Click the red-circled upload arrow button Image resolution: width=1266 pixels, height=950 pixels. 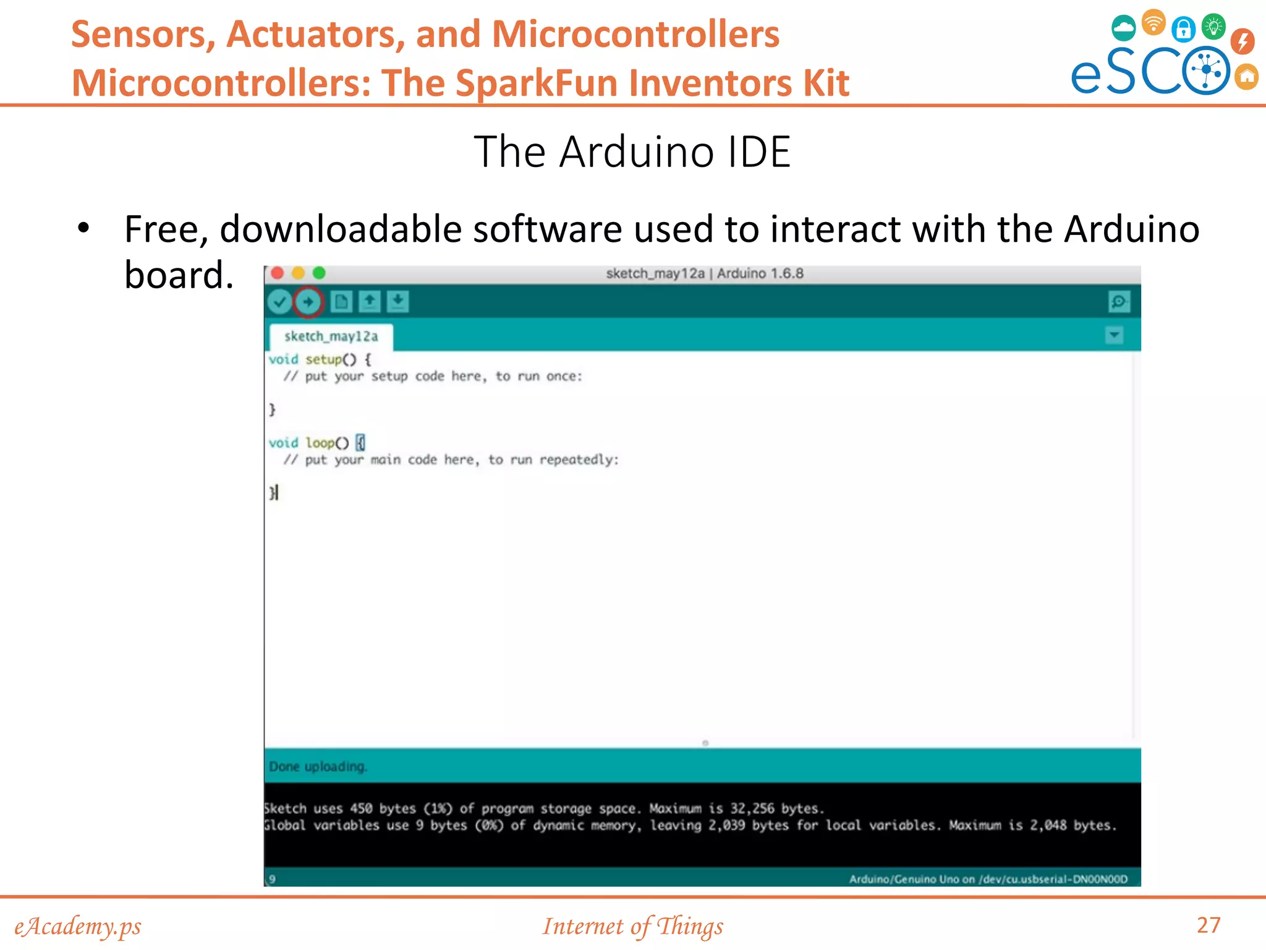[x=308, y=302]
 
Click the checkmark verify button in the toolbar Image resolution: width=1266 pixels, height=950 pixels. [x=279, y=302]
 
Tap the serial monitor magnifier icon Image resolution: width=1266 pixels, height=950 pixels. [x=1119, y=302]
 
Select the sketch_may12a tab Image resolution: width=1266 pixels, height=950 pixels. [x=331, y=336]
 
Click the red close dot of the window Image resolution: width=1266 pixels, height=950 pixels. [x=278, y=273]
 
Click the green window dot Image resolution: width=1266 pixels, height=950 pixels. [x=319, y=273]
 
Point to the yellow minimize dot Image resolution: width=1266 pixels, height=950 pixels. [x=298, y=273]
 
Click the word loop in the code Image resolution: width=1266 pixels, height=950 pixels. [x=320, y=443]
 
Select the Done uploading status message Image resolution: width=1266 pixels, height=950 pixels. [x=318, y=766]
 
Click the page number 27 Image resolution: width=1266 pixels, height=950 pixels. [x=1208, y=925]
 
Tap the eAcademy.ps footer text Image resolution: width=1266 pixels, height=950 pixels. [x=78, y=926]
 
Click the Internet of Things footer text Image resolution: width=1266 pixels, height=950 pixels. [x=632, y=926]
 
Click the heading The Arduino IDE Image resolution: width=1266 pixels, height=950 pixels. [x=632, y=152]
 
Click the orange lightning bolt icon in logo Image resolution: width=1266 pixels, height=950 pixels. [x=1242, y=41]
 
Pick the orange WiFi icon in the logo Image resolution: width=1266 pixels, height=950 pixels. [x=1153, y=23]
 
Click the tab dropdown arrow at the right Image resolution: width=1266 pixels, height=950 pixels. [x=1114, y=335]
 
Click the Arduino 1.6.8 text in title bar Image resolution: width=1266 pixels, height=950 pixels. [x=760, y=273]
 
